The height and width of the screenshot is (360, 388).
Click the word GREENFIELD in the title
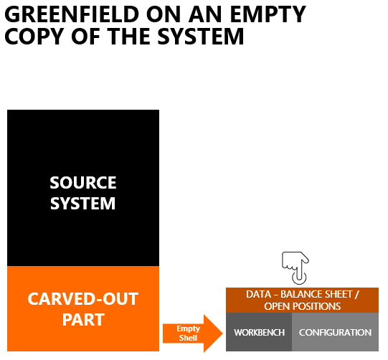[x=72, y=14]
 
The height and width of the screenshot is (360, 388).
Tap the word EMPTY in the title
[x=268, y=14]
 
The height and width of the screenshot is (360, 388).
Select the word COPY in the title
[x=34, y=36]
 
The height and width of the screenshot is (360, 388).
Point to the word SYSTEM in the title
[x=201, y=36]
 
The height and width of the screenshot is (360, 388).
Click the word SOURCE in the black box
[x=83, y=183]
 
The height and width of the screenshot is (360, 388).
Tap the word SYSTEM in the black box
[x=83, y=204]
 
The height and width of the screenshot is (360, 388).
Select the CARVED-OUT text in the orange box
[x=83, y=299]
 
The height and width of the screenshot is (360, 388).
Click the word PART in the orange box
[x=83, y=320]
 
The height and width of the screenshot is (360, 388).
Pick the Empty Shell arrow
[x=193, y=333]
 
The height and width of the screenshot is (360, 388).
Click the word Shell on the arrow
[x=188, y=338]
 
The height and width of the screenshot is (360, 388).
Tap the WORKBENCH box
[x=259, y=332]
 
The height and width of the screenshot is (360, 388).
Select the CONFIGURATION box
[x=336, y=332]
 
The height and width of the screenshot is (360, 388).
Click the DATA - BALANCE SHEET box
[x=302, y=300]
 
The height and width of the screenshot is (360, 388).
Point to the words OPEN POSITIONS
[x=303, y=306]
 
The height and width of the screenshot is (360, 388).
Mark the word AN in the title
[x=205, y=14]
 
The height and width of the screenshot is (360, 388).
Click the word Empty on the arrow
[x=188, y=329]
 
